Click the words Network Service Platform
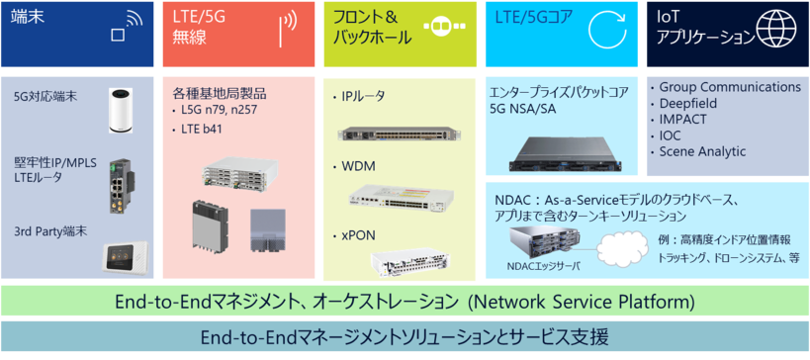[584, 300]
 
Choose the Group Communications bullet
[729, 87]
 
